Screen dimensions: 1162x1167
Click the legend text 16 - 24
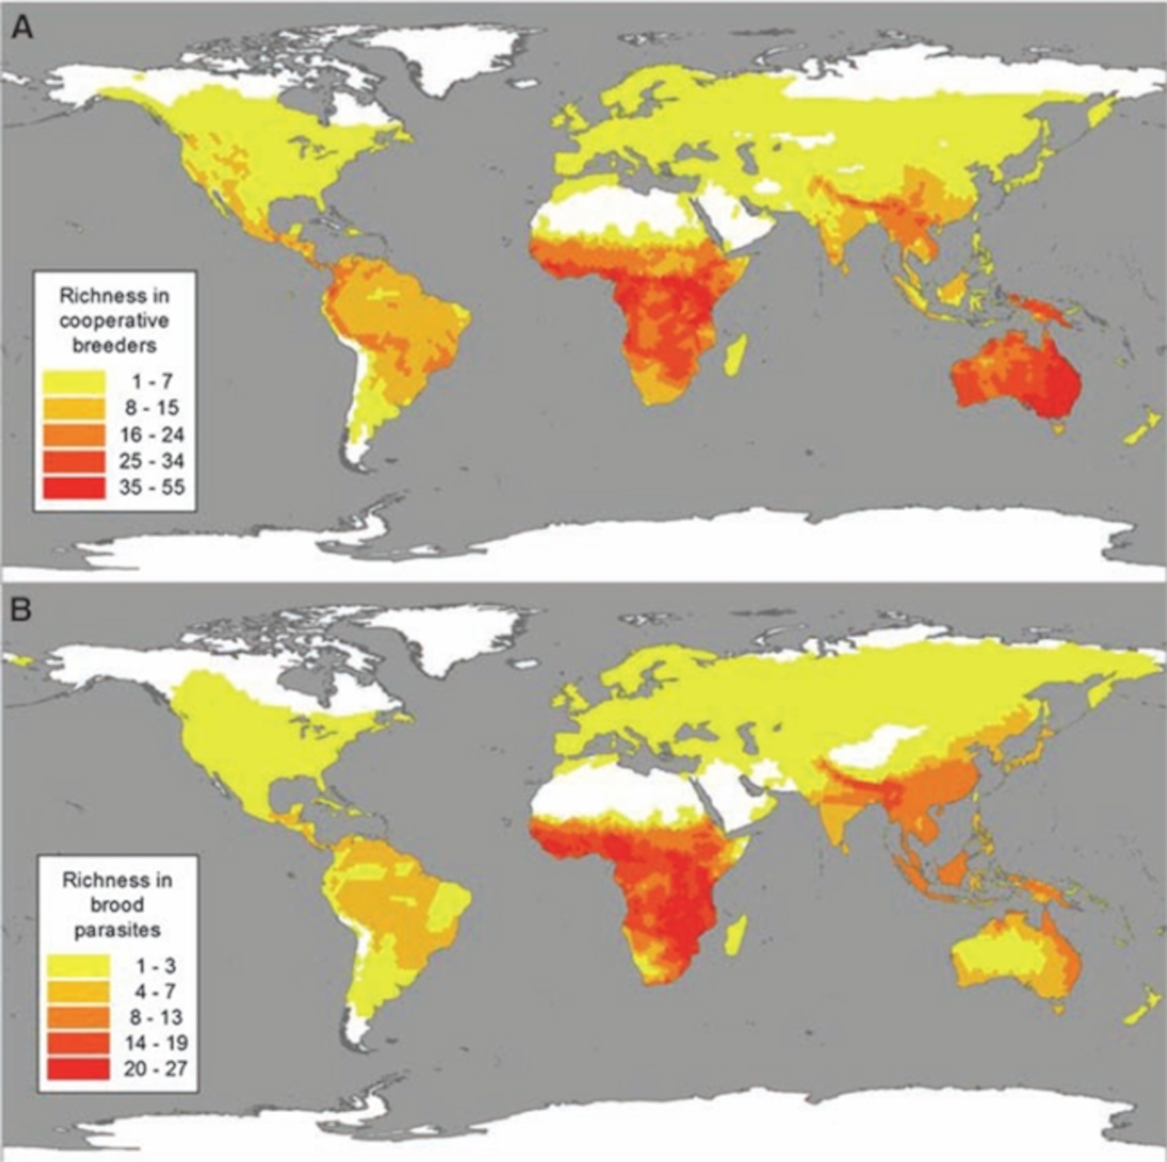[x=152, y=434]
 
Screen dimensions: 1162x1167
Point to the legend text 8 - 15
[x=152, y=408]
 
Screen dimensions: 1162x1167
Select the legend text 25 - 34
[x=152, y=461]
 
